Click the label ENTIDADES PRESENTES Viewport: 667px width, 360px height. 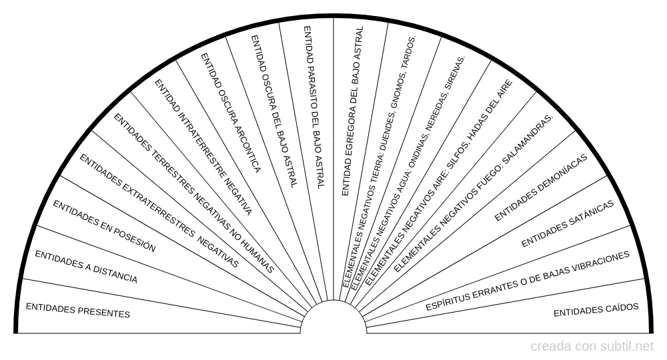click(78, 310)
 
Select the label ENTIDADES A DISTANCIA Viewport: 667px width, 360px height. click(86, 267)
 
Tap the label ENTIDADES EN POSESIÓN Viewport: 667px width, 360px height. click(104, 226)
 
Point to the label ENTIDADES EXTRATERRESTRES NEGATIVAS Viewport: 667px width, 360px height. click(159, 211)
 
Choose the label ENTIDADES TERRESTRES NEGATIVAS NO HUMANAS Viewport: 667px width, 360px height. click(193, 193)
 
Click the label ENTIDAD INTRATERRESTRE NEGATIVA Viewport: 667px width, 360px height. click(203, 147)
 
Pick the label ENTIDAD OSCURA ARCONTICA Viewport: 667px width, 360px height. click(230, 113)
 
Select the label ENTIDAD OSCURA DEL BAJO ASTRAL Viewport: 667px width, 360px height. click(273, 111)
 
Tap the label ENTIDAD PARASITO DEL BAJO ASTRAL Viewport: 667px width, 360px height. click(314, 107)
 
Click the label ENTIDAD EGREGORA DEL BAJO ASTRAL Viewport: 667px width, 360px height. click(353, 111)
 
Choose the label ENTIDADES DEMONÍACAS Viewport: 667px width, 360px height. click(541, 187)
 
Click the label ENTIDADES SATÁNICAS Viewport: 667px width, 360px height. click(568, 223)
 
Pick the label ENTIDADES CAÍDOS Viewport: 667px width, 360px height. click(596, 310)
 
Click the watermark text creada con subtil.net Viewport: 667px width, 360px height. click(592, 347)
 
